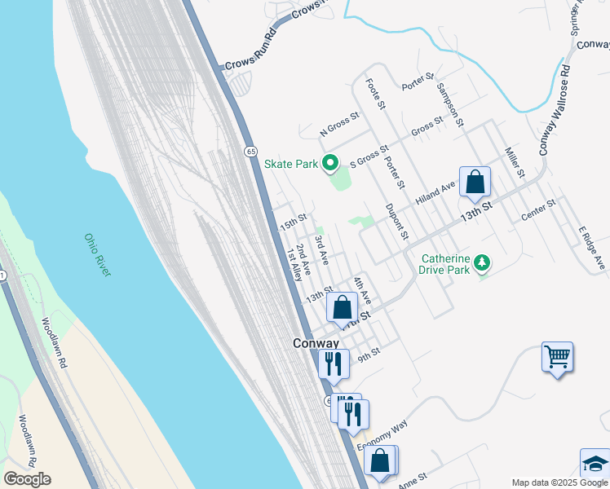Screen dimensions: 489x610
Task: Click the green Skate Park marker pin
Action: point(330,164)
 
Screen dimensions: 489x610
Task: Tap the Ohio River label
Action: point(96,255)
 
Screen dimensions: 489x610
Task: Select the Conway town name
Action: point(316,344)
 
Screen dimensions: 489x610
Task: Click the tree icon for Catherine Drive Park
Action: point(483,262)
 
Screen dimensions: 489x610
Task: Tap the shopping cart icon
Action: point(557,357)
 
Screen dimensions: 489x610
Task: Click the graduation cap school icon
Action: point(595,464)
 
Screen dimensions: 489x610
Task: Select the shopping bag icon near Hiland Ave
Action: point(475,183)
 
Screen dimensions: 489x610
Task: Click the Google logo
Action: point(27,479)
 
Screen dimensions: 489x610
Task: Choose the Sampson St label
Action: point(449,105)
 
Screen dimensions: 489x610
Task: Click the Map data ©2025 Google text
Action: point(559,482)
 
